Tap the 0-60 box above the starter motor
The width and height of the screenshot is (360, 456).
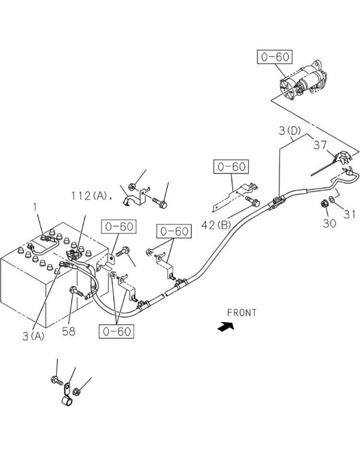(275, 57)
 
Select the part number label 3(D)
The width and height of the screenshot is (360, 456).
(290, 131)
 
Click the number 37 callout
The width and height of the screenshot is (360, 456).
(320, 145)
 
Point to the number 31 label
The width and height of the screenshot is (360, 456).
(349, 214)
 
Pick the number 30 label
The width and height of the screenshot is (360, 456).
(329, 223)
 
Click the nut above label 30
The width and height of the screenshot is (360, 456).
(324, 203)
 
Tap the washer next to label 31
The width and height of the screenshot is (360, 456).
(332, 199)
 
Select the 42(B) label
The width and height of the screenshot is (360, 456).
(216, 224)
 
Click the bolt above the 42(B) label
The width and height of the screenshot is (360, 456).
(253, 201)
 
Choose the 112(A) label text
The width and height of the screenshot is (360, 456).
(90, 196)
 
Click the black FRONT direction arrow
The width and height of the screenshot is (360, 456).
(226, 327)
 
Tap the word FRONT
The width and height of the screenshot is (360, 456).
(242, 313)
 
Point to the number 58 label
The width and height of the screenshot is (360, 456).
(69, 331)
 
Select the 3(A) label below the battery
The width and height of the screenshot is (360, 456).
(34, 336)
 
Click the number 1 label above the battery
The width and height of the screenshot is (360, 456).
(35, 208)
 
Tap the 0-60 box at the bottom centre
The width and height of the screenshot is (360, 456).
(116, 331)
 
